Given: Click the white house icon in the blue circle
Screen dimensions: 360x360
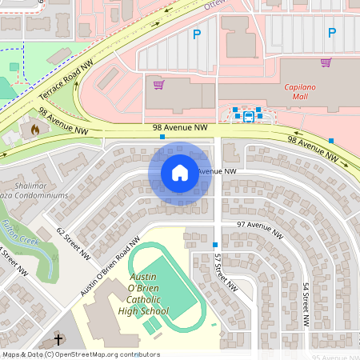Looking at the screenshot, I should pyautogui.click(x=179, y=173).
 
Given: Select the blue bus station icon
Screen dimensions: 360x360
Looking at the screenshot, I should pyautogui.click(x=248, y=116).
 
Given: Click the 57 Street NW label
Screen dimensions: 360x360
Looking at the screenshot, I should pyautogui.click(x=226, y=272).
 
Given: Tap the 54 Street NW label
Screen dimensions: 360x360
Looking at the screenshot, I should pyautogui.click(x=306, y=304).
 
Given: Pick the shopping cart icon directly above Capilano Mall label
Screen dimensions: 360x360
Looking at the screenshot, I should pyautogui.click(x=326, y=62).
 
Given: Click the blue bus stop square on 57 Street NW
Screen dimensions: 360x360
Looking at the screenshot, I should pyautogui.click(x=216, y=244).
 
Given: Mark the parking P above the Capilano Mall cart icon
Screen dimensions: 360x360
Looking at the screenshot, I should pyautogui.click(x=331, y=34).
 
